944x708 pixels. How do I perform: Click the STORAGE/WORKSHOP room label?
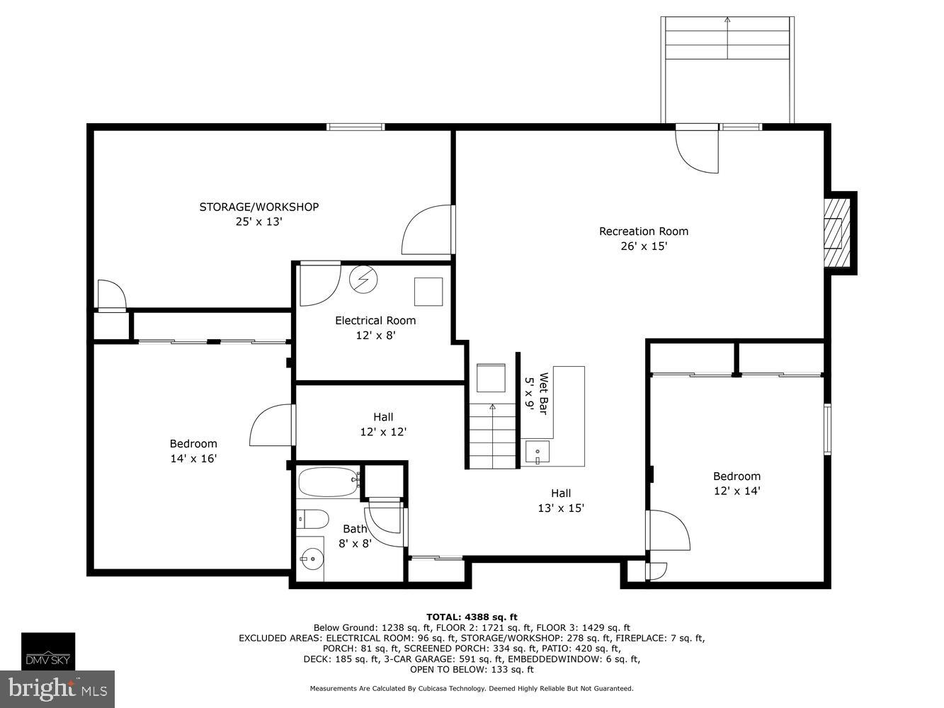click(x=258, y=207)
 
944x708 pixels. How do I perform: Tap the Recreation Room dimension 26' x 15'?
click(x=644, y=246)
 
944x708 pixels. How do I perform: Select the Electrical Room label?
click(x=375, y=321)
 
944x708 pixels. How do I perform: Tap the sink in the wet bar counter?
click(x=538, y=451)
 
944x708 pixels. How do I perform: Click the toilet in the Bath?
click(x=312, y=520)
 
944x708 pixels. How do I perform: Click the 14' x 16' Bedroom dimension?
click(x=193, y=459)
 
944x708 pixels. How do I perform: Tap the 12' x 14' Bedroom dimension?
click(x=737, y=491)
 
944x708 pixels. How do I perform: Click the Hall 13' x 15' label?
click(x=561, y=501)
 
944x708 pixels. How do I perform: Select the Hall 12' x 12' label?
click(x=383, y=424)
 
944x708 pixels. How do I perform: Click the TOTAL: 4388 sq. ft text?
click(x=472, y=617)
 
